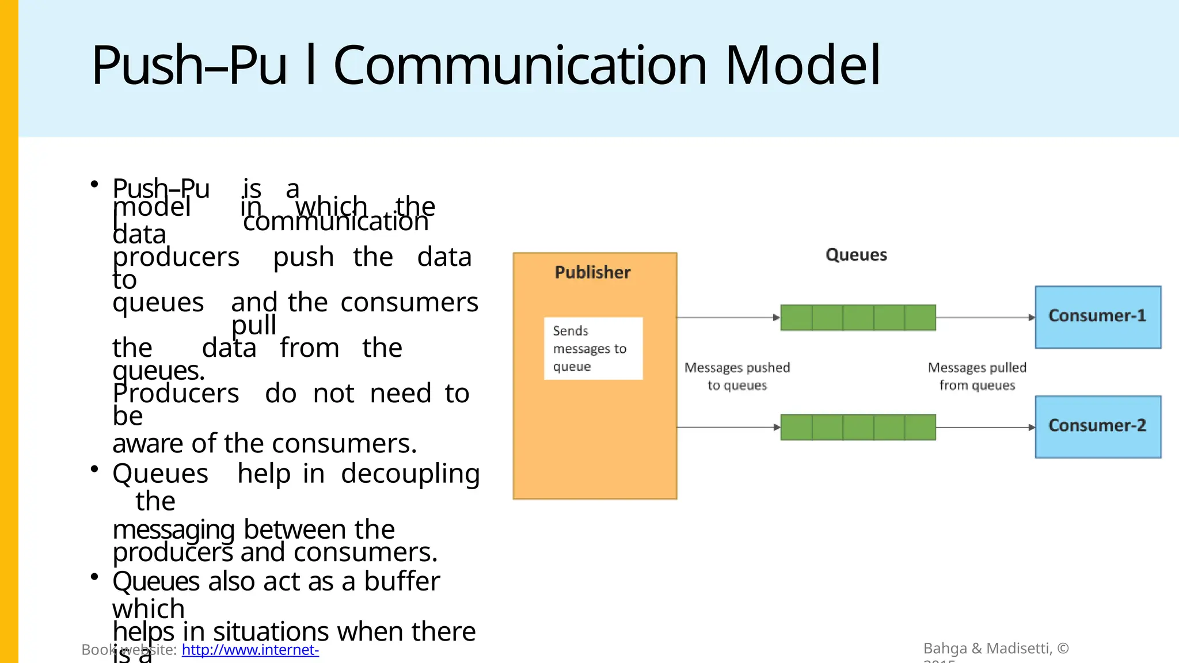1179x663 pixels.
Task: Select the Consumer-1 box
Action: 1098,317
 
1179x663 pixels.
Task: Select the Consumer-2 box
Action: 1098,426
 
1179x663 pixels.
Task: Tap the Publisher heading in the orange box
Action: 592,272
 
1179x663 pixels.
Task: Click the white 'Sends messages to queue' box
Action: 593,348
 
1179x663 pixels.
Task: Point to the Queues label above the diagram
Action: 856,255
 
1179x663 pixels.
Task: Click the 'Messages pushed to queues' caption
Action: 737,376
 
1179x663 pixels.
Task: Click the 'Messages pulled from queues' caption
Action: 977,376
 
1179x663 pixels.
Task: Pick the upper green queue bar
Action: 858,318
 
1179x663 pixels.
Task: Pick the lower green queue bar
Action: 858,427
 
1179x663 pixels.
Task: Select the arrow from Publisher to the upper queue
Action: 728,317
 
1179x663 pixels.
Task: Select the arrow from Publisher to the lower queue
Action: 728,427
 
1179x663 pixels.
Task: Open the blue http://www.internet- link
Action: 250,650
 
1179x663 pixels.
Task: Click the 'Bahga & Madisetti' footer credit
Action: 996,649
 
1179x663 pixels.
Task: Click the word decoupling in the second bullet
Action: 410,474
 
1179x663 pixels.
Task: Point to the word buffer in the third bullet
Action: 402,581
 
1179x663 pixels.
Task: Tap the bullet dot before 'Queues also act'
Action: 94,577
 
